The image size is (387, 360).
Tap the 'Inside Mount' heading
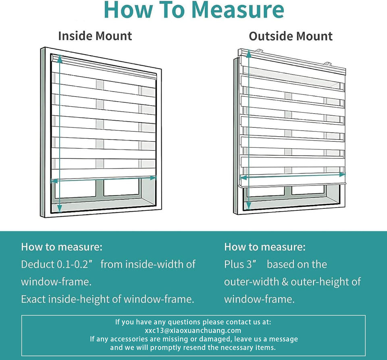point(95,36)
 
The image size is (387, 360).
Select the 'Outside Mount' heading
point(290,36)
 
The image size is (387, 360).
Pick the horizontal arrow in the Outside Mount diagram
point(293,176)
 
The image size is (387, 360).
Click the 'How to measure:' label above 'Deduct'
point(62,247)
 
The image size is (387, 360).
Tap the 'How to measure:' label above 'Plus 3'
point(265,247)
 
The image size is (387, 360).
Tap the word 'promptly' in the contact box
point(174,348)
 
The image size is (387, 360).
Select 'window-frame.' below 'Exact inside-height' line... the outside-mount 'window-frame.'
point(259,299)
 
